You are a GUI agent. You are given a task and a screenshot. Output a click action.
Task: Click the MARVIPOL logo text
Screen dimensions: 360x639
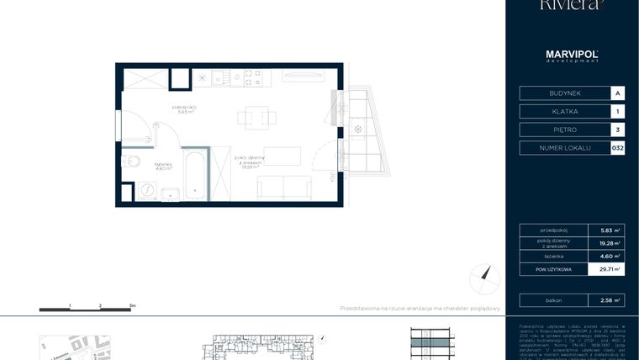[x=572, y=56]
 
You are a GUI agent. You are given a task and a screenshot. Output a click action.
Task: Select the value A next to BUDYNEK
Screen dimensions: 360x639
[x=618, y=93]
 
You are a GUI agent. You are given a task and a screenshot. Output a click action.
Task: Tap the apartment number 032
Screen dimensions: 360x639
[x=618, y=148]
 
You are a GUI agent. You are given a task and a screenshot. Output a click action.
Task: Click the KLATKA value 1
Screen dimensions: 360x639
[x=618, y=111]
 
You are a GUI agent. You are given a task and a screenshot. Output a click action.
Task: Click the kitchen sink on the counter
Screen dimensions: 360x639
[x=220, y=78]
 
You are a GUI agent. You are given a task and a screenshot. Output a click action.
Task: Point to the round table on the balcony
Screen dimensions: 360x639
[x=359, y=130]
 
